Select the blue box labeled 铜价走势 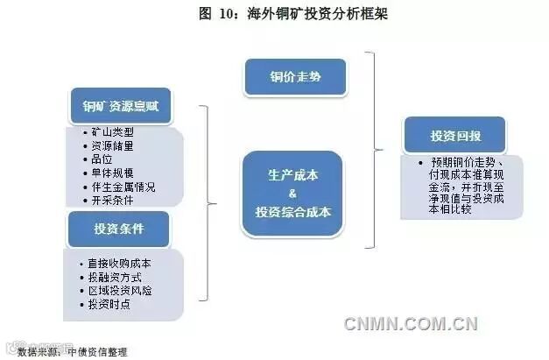pyautogui.click(x=294, y=77)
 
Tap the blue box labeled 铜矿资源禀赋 pyautogui.click(x=120, y=108)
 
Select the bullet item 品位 pyautogui.click(x=101, y=159)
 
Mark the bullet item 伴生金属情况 pyautogui.click(x=123, y=186)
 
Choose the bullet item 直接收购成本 pyautogui.click(x=119, y=263)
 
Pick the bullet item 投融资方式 pyautogui.click(x=114, y=277)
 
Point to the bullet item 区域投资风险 pyautogui.click(x=119, y=290)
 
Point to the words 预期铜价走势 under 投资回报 pyautogui.click(x=462, y=163)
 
